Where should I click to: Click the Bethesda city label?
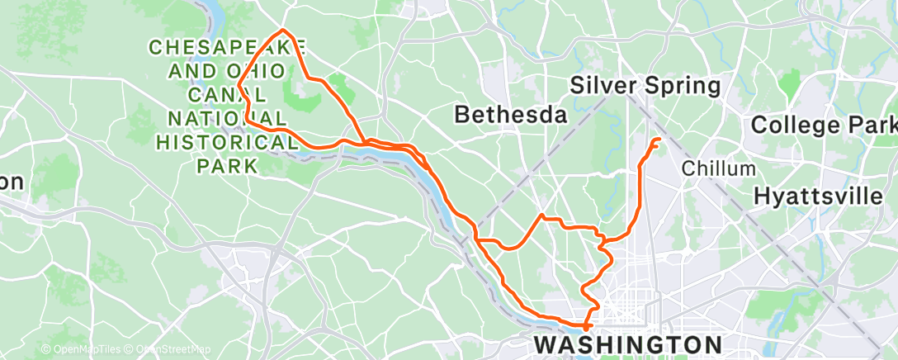(x=511, y=115)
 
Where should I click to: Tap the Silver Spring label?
(x=645, y=85)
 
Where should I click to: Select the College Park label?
(x=823, y=126)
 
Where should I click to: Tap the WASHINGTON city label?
(x=629, y=343)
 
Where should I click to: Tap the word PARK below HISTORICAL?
(x=228, y=165)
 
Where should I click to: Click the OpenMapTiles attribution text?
(x=81, y=350)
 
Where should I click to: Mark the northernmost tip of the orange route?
(x=283, y=31)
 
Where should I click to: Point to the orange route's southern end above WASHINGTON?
(x=587, y=327)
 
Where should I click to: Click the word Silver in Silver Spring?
(x=602, y=85)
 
